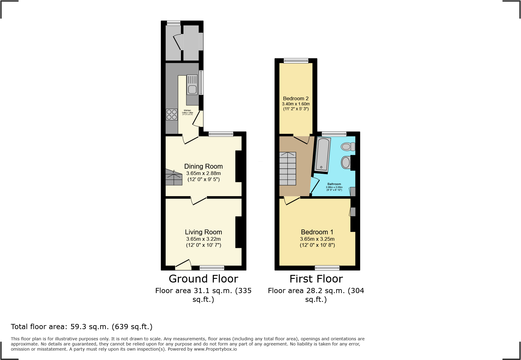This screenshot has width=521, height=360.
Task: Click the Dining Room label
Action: (x=203, y=166)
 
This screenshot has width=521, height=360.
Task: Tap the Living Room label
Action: (x=203, y=232)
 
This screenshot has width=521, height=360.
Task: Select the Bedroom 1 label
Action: (x=317, y=232)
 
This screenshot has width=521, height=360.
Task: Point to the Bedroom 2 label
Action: (x=296, y=98)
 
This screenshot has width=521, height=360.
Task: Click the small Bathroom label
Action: (x=334, y=184)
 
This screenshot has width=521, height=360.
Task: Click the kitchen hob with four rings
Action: (x=172, y=115)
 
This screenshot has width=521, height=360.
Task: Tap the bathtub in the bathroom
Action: (x=323, y=154)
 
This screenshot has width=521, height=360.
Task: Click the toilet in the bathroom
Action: (x=348, y=147)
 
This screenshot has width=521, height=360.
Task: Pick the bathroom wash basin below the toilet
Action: (x=346, y=163)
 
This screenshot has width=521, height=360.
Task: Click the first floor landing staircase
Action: (x=287, y=168)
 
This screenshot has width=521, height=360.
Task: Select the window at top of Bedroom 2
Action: (x=296, y=61)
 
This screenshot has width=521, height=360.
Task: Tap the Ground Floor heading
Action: (x=203, y=279)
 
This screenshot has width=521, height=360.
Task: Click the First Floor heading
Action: (x=316, y=279)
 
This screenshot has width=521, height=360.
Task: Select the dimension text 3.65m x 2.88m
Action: (x=203, y=173)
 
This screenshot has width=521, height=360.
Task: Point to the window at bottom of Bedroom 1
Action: (x=327, y=268)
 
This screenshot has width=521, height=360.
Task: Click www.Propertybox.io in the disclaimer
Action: (x=215, y=349)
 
